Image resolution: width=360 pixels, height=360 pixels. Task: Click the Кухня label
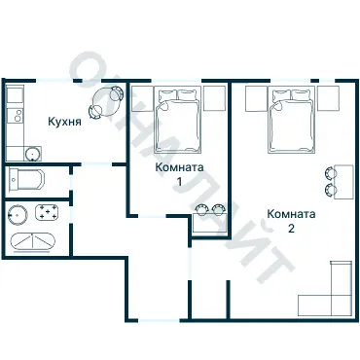pos(64,122)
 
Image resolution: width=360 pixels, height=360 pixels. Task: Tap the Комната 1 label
pos(179,174)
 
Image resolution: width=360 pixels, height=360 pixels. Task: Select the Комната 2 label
pos(291,221)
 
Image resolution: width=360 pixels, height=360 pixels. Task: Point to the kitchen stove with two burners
pos(16,115)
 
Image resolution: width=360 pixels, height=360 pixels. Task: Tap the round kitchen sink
pos(32,153)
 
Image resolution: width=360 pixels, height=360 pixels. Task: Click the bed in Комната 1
pos(177,120)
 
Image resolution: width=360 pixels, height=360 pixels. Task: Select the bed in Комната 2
pos(291,120)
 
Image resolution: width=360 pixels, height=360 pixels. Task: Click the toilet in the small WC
pos(26,179)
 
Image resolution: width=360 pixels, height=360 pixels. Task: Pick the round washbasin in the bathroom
pos(18,214)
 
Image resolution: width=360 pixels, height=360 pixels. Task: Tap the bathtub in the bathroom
pos(32,242)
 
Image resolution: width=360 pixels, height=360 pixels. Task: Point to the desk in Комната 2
pos(343,182)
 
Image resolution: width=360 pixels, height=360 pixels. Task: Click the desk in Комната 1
pos(209,223)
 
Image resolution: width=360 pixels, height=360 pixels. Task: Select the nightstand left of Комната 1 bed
pos(142,98)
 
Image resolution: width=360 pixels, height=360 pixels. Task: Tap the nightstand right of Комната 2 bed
pos(328,98)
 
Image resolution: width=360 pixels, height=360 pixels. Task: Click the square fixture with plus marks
pos(47,212)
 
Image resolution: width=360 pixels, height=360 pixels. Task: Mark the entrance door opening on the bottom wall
pos(159,320)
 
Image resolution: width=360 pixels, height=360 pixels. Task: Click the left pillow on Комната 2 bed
pos(281,95)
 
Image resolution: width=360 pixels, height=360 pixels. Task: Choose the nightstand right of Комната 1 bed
pos(214,98)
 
